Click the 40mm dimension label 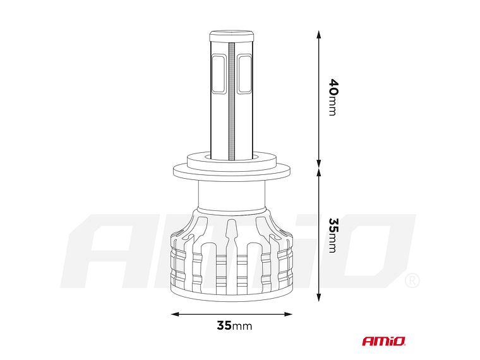332,97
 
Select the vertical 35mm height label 332,235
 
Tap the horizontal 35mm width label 234,326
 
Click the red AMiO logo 384,341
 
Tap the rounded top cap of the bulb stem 232,33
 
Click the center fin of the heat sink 232,253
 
